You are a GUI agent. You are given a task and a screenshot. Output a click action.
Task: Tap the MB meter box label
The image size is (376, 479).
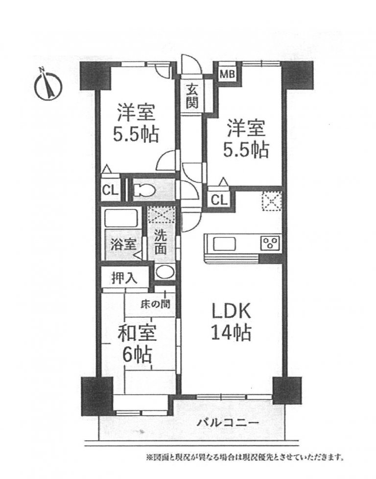point(228,74)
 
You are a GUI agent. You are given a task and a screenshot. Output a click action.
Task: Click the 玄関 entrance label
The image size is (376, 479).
point(192,96)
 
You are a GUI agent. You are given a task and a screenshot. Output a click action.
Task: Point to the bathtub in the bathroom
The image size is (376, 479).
point(122,218)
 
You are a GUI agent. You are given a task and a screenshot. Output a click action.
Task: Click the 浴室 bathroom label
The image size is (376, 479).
point(123,245)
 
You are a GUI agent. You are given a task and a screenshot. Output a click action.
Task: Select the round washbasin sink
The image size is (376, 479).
point(164,272)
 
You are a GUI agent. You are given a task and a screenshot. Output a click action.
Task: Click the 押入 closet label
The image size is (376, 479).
point(124,278)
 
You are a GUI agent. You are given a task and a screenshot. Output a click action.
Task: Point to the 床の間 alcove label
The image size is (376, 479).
point(155,304)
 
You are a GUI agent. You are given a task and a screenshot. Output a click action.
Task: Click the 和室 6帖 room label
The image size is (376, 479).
point(137,343)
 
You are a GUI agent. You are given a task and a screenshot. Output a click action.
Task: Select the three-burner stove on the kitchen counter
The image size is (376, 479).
point(270,243)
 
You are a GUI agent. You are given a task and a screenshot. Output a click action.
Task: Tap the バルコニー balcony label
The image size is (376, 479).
point(228,423)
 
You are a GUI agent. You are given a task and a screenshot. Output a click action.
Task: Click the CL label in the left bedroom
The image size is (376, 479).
point(110,191)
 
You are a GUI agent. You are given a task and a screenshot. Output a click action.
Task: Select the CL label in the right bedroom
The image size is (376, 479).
point(219,201)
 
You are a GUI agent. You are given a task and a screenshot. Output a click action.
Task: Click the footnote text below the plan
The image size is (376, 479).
point(245,457)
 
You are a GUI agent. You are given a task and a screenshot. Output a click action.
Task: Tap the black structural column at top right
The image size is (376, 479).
point(297,75)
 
